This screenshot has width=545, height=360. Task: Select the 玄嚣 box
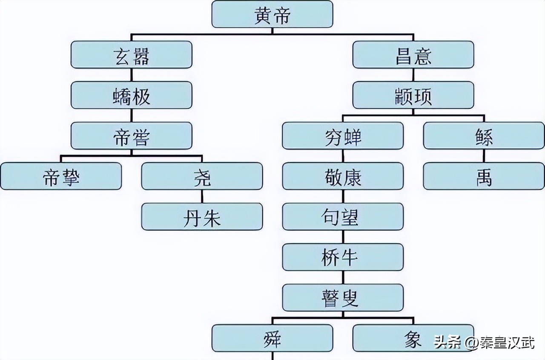point(131,54)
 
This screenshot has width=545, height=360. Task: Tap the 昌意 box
point(413,54)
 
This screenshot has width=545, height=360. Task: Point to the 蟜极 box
point(131,95)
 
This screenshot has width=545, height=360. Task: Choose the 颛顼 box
point(413,95)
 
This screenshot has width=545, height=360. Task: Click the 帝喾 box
point(131,136)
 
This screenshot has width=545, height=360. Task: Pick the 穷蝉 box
point(343,136)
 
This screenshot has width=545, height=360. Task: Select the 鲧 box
point(484,136)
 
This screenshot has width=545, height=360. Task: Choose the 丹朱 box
point(202,217)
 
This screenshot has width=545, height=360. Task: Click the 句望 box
point(343,217)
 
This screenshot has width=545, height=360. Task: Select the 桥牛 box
point(343,257)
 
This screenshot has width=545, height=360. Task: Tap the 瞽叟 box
point(343,298)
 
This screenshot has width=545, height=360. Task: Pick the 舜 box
point(272,339)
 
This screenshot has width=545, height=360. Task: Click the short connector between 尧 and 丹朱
point(202,196)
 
